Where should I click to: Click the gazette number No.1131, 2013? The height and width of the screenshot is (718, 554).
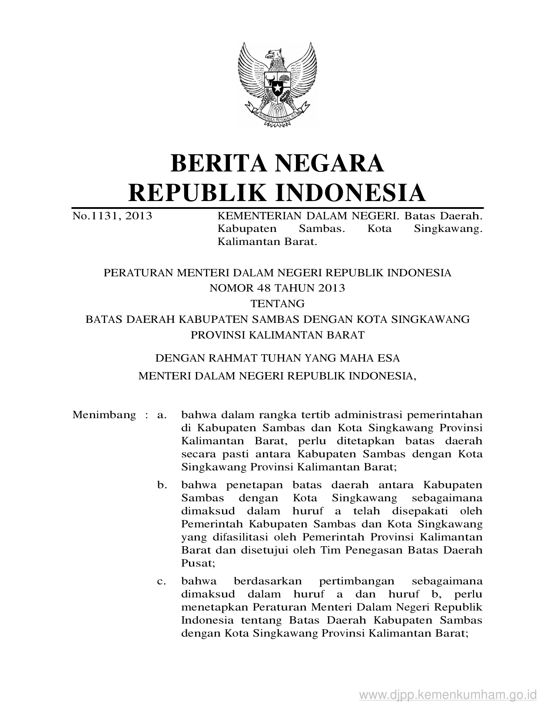(x=112, y=215)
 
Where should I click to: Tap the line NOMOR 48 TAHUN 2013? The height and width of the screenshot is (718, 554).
(x=277, y=288)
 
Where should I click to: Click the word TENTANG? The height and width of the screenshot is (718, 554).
(x=277, y=303)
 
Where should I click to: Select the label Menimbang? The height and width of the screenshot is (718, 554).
(x=104, y=415)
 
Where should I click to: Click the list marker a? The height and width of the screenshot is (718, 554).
(x=162, y=415)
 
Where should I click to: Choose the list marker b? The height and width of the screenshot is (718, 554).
(x=162, y=485)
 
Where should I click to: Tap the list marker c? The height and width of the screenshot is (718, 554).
(x=162, y=581)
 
